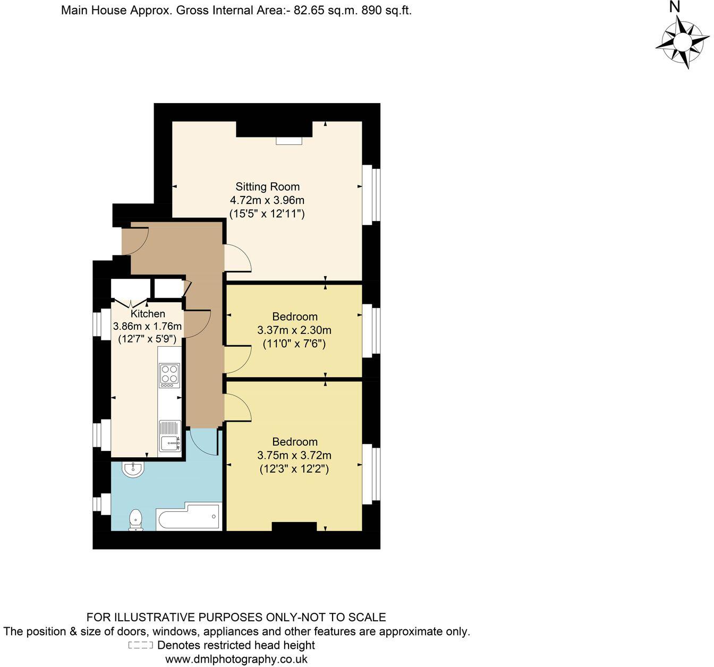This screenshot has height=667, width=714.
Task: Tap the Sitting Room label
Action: click(x=267, y=187)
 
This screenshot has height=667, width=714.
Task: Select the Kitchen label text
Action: click(x=148, y=314)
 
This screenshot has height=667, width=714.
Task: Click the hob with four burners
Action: click(x=169, y=375)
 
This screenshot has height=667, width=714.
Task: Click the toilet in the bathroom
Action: click(x=136, y=519)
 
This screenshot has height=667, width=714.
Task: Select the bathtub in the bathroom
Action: click(x=189, y=517)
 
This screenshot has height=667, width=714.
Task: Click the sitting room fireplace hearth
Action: click(x=288, y=141)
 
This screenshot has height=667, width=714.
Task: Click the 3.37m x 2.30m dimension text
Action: click(x=294, y=330)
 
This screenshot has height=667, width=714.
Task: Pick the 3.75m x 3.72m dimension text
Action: click(x=294, y=456)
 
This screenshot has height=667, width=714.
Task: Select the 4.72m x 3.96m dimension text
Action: click(x=267, y=201)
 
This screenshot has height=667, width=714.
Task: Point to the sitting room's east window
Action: click(x=371, y=194)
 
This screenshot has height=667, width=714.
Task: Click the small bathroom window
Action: click(x=101, y=504)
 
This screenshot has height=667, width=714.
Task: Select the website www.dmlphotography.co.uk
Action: click(x=236, y=660)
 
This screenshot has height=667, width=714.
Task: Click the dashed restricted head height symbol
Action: click(x=141, y=646)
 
